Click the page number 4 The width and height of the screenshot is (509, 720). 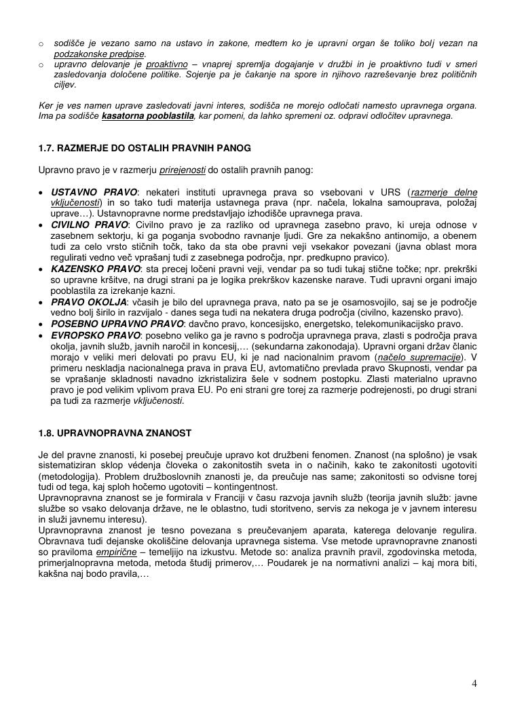pyautogui.click(x=474, y=683)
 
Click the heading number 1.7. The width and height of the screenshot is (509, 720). pyautogui.click(x=46, y=147)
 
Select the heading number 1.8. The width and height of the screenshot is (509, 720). pyautogui.click(x=46, y=432)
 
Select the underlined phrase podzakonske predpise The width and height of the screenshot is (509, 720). pyautogui.click(x=99, y=53)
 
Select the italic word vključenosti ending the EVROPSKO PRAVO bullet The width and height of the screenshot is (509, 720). pyautogui.click(x=160, y=400)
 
